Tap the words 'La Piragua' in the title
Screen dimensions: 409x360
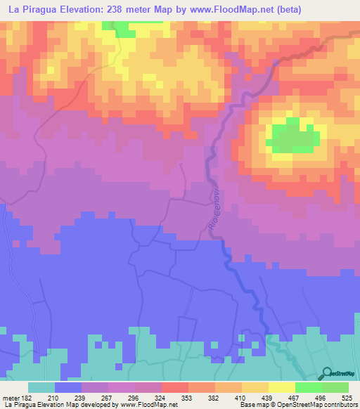click(x=35, y=9)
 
